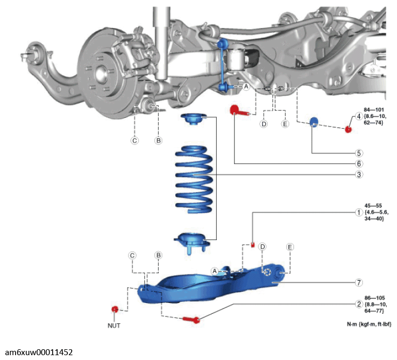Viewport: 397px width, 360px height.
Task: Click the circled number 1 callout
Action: coord(358,213)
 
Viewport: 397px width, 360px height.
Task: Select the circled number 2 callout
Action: coord(358,304)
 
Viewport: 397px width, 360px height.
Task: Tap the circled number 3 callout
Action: coord(359,174)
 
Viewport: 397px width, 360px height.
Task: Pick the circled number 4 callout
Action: coord(358,116)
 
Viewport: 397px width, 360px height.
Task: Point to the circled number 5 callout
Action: coord(359,153)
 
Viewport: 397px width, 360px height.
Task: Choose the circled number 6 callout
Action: coord(359,164)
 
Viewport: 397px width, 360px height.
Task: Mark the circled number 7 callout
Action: coord(359,282)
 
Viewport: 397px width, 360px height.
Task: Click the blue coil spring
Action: coord(194,179)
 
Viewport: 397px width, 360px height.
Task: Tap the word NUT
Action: coord(114,326)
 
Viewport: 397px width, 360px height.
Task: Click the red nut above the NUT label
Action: coord(115,309)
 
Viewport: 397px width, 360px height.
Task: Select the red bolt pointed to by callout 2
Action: coord(192,320)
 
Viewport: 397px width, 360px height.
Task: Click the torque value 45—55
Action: coord(373,206)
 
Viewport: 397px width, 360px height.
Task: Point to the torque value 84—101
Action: coord(374,110)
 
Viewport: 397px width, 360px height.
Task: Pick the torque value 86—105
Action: coord(374,298)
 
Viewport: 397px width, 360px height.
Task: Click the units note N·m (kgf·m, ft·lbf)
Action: coord(369,324)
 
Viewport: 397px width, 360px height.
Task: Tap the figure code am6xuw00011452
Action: coord(39,352)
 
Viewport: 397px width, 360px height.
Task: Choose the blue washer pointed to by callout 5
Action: coord(314,122)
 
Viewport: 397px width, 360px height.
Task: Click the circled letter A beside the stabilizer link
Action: coord(246,87)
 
